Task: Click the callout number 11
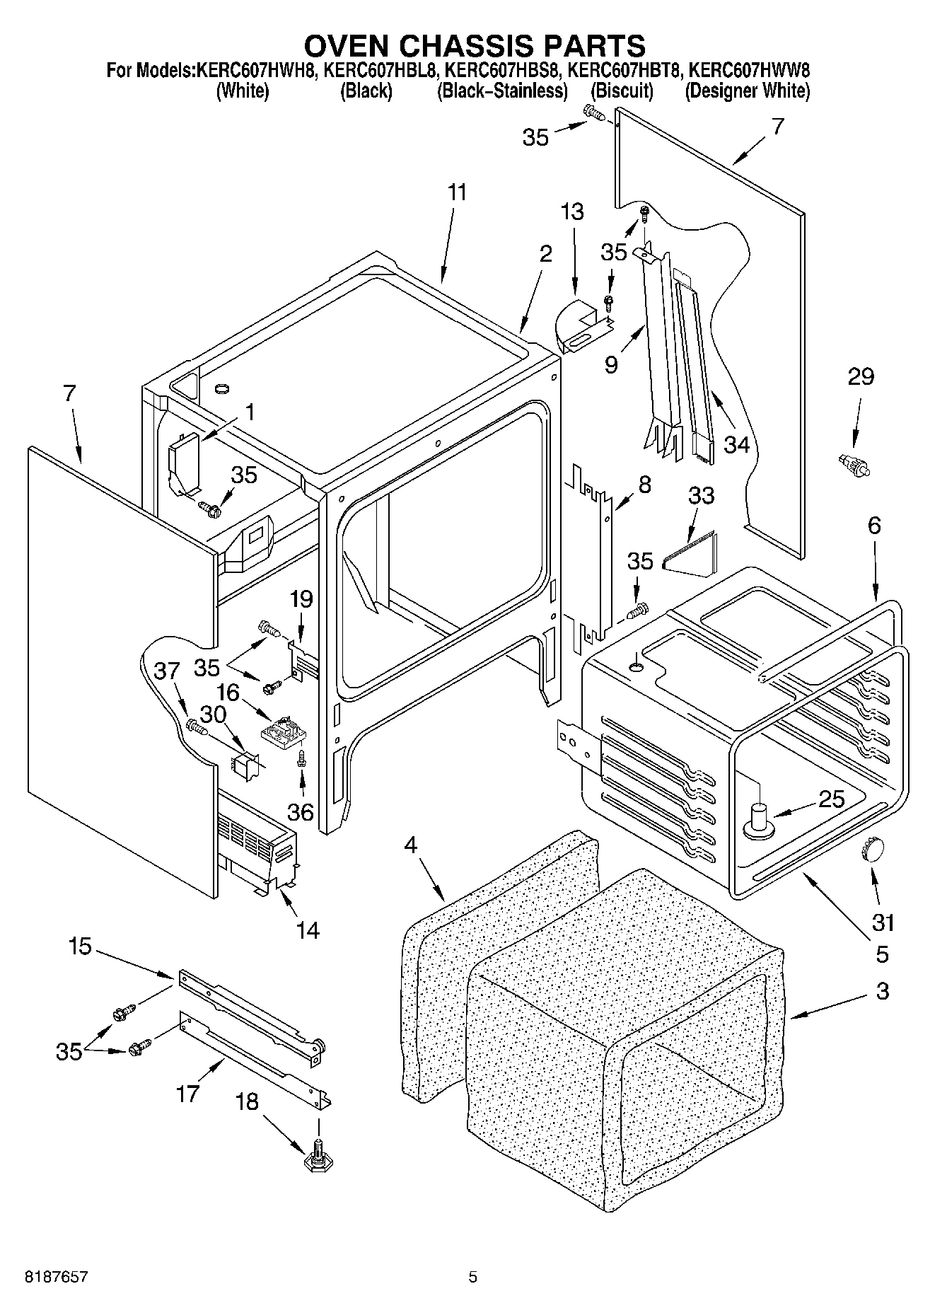pos(458,192)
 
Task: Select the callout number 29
pos(861,376)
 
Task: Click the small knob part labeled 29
pos(853,465)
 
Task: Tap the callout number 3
pos(882,991)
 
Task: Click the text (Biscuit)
pos(622,91)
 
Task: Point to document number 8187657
pos(57,1277)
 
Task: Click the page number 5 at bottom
pos(473,1277)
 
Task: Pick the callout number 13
pos(573,211)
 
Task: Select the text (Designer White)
pos(747,91)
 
